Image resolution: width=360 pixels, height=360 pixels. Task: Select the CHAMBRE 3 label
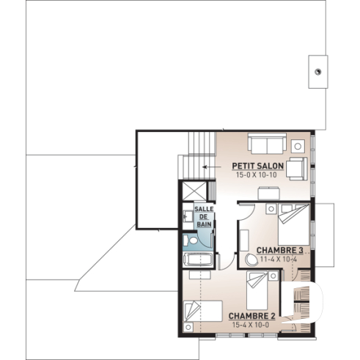[280, 249]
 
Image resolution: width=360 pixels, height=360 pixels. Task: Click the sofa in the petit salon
[266, 142]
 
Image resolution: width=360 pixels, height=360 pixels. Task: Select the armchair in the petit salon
[296, 168]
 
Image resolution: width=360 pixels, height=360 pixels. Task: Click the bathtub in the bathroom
[197, 260]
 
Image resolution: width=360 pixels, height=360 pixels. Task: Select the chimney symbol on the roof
[318, 71]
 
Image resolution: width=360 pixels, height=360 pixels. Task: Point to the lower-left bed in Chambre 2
[200, 314]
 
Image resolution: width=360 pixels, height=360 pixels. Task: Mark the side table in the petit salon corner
[298, 142]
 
